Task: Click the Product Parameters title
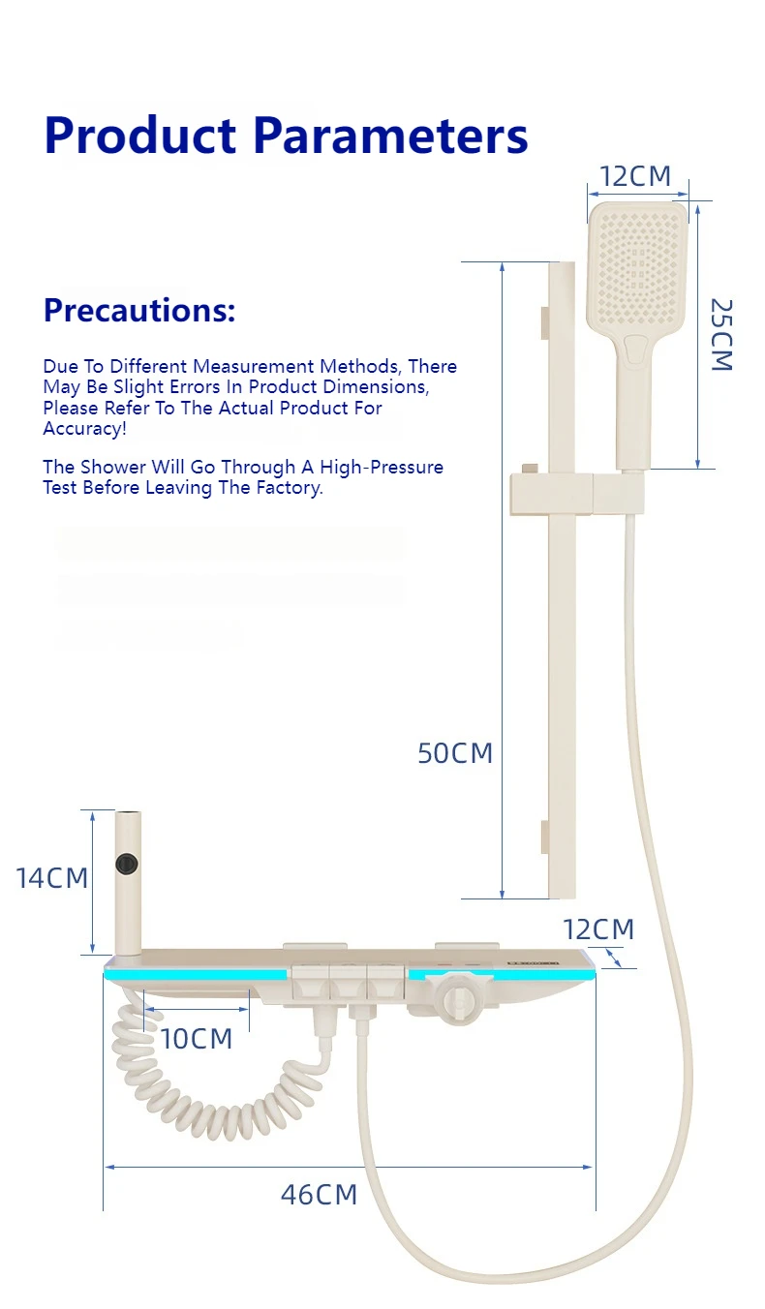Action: point(286,136)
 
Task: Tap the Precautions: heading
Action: point(139,311)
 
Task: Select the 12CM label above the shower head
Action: point(634,176)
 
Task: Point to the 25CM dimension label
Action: point(721,335)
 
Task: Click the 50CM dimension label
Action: point(455,752)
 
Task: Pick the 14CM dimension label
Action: point(51,878)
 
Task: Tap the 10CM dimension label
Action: point(197,1039)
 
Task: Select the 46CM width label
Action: point(319,1195)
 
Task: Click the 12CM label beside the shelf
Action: point(598,929)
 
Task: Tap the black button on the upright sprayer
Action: point(125,863)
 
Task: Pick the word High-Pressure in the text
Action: point(382,467)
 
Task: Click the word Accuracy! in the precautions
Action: point(84,429)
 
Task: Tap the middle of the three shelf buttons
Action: point(347,980)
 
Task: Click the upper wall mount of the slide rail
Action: point(545,323)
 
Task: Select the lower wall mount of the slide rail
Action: point(545,836)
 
